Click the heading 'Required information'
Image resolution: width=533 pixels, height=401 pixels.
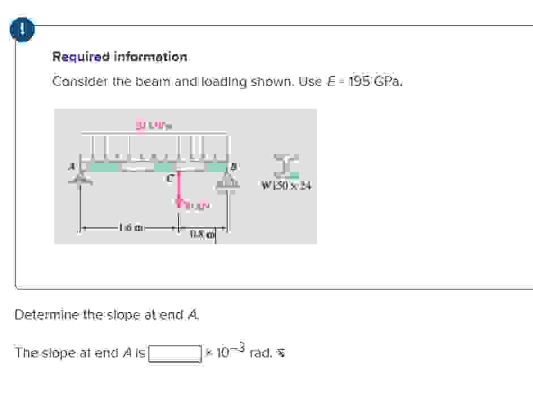tap(119, 57)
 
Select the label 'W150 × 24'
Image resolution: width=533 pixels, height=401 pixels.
tap(287, 185)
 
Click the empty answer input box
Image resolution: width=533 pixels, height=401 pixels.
tap(175, 353)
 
